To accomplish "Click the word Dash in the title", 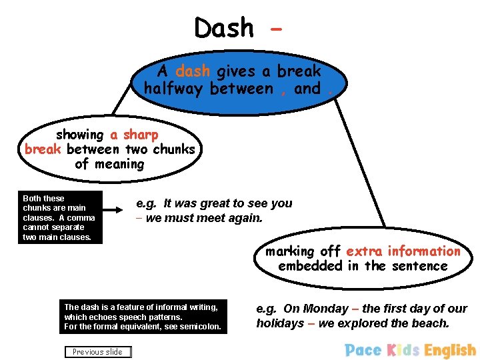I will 224,28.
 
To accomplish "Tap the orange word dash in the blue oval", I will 193,71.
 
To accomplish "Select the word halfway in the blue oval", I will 175,89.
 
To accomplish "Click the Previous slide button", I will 98,352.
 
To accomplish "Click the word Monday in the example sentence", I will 325,309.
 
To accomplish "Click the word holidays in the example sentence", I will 280,323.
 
